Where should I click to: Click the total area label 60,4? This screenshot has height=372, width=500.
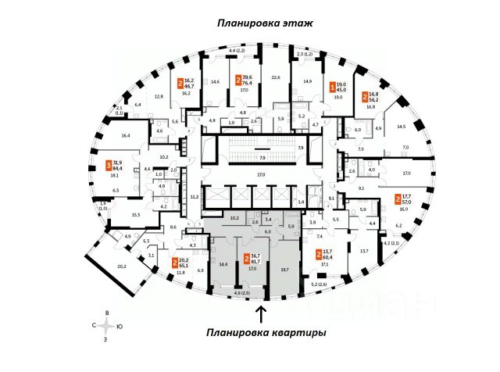tap(328, 256)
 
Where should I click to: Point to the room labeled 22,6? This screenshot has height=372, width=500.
tap(276, 77)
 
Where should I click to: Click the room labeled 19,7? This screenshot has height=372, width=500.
tap(284, 270)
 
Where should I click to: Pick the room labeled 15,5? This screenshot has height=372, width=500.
tap(135, 214)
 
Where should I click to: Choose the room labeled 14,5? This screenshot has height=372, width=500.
tap(401, 126)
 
